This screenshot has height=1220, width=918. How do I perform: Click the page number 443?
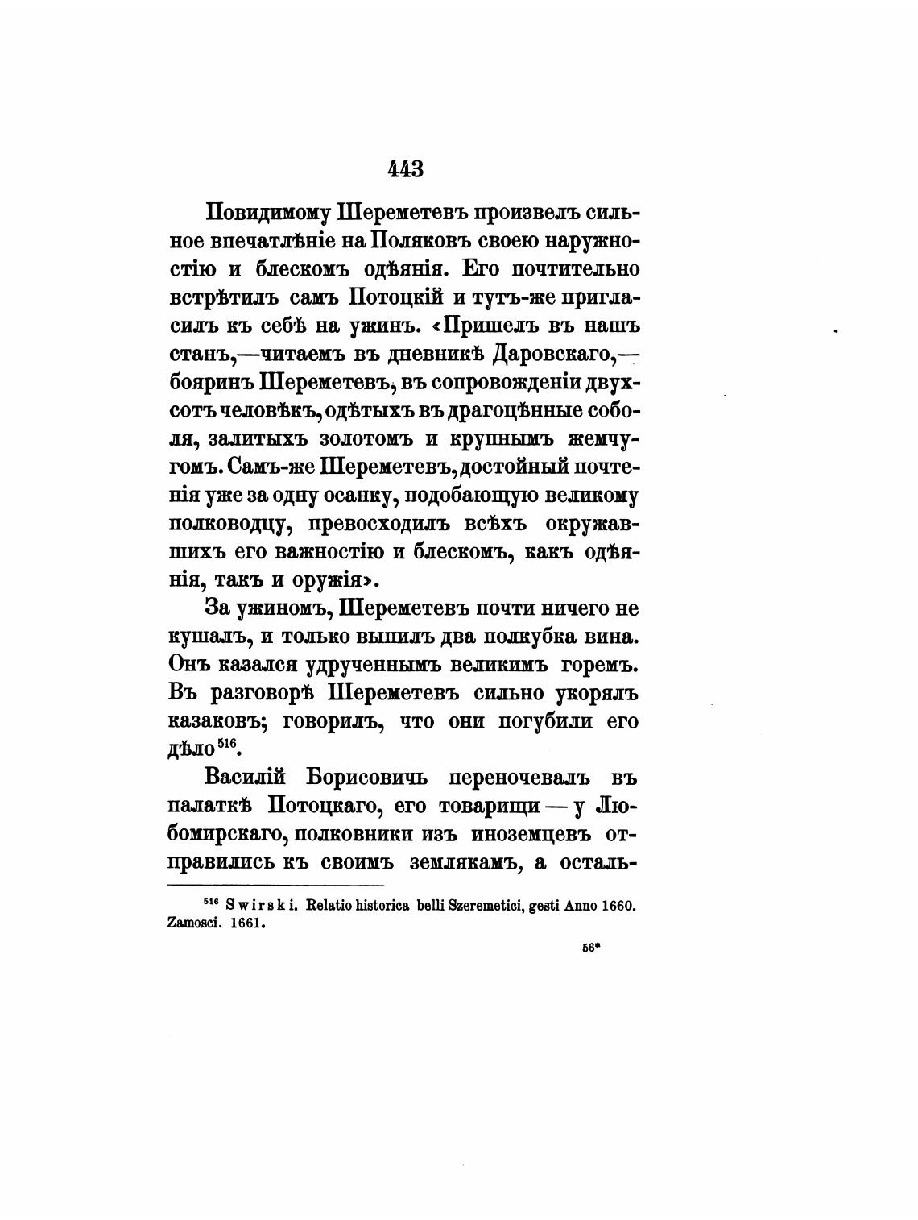tap(405, 168)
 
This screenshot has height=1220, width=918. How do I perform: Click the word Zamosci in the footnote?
tap(193, 923)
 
